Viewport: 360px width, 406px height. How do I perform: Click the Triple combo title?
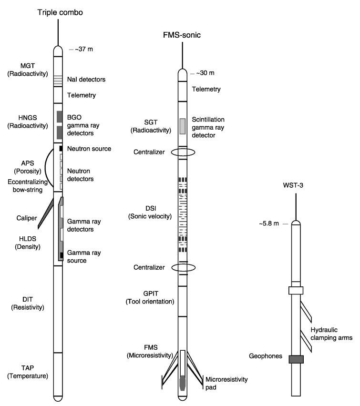pyautogui.click(x=60, y=12)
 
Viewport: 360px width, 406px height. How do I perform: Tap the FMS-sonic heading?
pyautogui.click(x=182, y=35)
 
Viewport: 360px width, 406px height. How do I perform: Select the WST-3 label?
pyautogui.click(x=293, y=185)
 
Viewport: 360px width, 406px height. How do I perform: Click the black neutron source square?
pyautogui.click(x=61, y=148)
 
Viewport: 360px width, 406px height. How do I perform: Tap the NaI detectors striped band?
pyautogui.click(x=58, y=81)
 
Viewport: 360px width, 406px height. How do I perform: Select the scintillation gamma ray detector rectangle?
pyautogui.click(x=183, y=126)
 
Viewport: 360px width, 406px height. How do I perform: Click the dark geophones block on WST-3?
pyautogui.click(x=296, y=359)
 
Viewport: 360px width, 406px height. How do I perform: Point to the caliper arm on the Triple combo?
pyautogui.click(x=46, y=213)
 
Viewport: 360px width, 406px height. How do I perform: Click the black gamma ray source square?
pyautogui.click(x=62, y=255)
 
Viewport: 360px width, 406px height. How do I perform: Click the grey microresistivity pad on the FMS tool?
pyautogui.click(x=183, y=383)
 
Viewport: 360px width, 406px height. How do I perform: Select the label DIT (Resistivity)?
pyautogui.click(x=28, y=303)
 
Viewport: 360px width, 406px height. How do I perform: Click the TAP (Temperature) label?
pyautogui.click(x=28, y=372)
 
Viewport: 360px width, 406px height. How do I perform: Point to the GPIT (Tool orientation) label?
pyautogui.click(x=150, y=297)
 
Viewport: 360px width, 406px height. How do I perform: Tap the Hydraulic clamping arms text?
pyautogui.click(x=331, y=334)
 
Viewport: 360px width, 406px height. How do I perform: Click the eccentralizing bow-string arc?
pyautogui.click(x=45, y=168)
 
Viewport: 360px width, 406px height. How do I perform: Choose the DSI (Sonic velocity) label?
pyautogui.click(x=150, y=213)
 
